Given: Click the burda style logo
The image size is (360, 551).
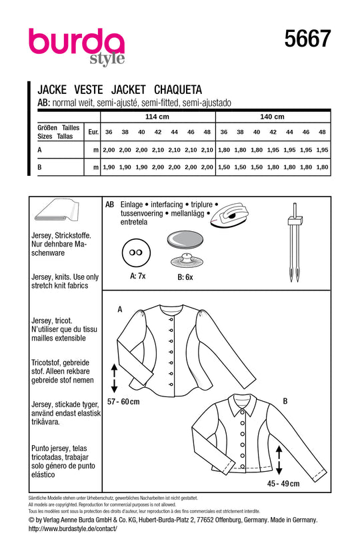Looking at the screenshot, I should (77, 47).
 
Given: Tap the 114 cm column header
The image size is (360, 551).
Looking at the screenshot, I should (159, 117).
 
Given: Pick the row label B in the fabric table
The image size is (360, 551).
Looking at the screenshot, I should (40, 167).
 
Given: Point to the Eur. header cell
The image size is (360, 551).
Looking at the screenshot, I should (93, 133).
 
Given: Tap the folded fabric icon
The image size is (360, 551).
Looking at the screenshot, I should (57, 213).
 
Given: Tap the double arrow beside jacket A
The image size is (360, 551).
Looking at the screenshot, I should (113, 377).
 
